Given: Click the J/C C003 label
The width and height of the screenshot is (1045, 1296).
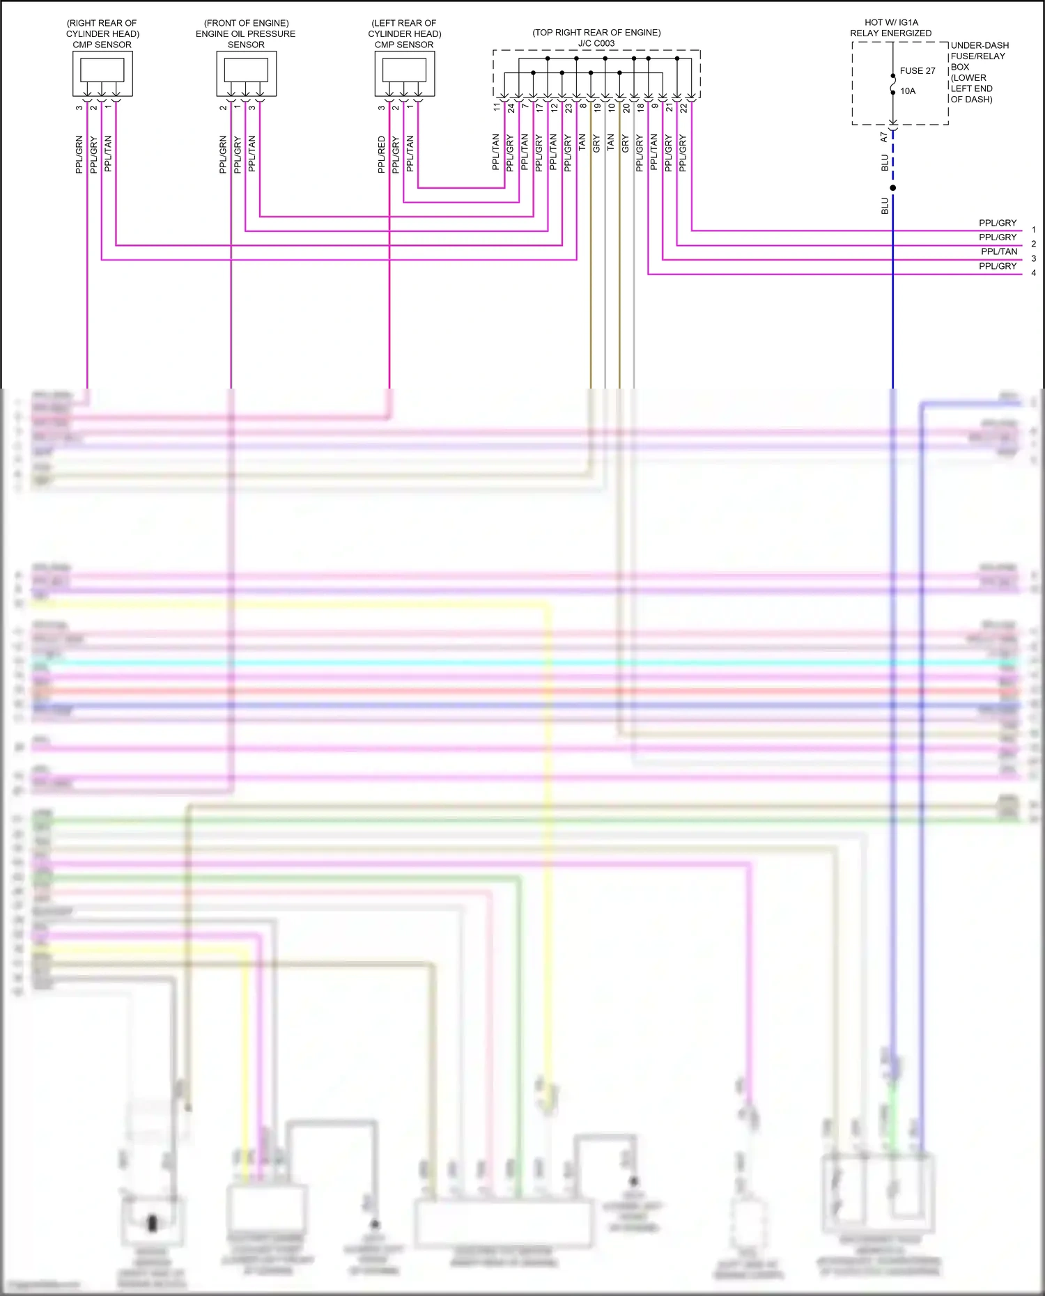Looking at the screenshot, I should tap(596, 43).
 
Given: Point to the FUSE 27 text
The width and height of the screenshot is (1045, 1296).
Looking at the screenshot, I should tap(918, 71).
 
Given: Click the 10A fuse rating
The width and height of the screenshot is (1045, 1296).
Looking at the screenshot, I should tap(908, 91).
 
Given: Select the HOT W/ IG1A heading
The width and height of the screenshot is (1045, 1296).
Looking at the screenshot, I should tap(891, 22).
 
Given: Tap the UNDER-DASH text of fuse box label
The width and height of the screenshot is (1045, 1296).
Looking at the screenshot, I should tap(980, 45).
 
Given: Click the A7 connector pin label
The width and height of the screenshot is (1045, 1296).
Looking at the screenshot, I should tap(884, 137).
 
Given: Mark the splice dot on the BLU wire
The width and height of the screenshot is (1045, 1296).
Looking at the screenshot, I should tap(893, 188).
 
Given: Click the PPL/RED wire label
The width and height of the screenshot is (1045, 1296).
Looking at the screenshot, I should tap(381, 155).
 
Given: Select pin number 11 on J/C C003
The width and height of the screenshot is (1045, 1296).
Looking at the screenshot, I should tap(497, 107).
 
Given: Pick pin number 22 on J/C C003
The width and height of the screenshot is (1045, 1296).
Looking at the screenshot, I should tap(683, 108).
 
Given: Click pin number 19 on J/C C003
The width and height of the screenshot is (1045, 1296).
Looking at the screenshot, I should tap(597, 108).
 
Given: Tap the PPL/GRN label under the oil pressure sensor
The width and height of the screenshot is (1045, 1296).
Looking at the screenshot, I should tap(223, 155).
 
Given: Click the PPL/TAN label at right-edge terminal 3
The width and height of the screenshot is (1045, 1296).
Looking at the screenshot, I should tap(999, 251).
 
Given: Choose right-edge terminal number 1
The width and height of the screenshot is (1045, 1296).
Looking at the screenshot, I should tap(1033, 230).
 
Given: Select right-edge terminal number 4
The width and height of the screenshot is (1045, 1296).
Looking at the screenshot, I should tap(1033, 273).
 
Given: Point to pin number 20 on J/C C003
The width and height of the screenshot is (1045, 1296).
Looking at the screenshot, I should tap(626, 108).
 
